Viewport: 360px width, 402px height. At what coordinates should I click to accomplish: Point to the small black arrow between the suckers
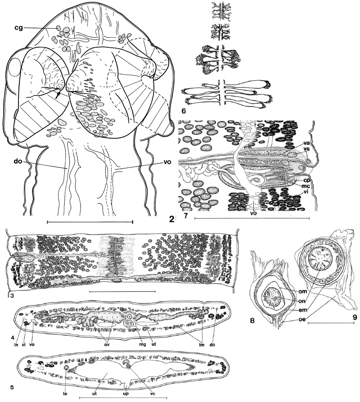tap(58, 95)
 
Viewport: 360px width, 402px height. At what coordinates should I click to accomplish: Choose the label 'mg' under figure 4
tap(143, 344)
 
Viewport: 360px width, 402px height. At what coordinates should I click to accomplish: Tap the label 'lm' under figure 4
tap(202, 344)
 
